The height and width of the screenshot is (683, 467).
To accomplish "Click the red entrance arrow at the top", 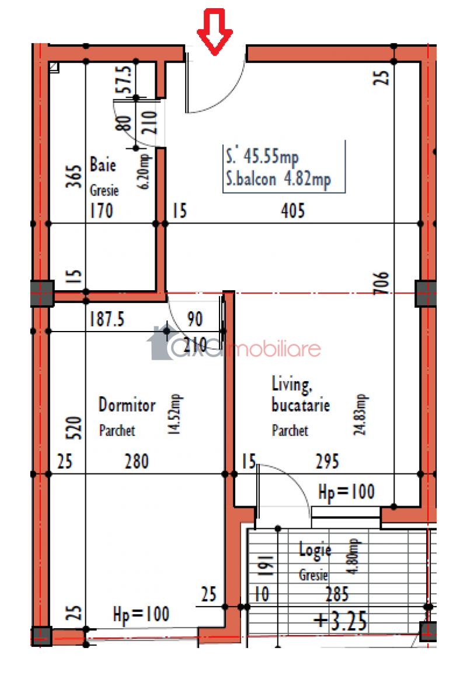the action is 214,32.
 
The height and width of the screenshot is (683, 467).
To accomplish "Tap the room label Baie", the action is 103,165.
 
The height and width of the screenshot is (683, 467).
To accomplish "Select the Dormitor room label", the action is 127,405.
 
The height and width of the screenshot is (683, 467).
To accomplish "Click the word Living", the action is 291,384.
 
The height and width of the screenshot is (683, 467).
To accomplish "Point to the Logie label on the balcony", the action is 315,550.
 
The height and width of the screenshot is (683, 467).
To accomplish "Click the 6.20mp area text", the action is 145,171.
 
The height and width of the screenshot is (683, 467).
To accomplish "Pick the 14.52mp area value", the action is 175,414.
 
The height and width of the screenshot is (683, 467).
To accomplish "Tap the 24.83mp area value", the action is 360,414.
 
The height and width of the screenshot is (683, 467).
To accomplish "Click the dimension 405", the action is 292,211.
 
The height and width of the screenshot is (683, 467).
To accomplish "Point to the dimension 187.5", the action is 107,319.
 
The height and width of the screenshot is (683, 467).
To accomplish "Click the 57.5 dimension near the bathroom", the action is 123,80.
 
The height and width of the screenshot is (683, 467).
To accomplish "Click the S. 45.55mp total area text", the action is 263,156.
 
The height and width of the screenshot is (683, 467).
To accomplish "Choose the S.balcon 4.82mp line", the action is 278,179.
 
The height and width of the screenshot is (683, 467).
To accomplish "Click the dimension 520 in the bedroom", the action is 74,428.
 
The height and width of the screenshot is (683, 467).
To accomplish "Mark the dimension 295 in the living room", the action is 327,461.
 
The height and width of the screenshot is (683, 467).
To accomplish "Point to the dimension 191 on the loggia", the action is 267,566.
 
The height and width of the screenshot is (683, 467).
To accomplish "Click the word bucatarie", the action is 301,405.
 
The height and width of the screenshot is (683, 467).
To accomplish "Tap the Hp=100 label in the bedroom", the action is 141,615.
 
